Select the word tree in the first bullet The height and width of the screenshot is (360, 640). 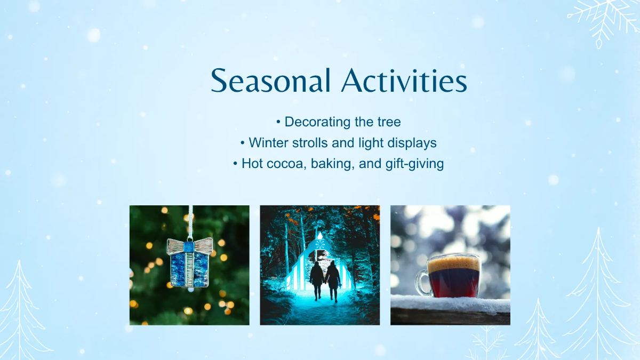388,122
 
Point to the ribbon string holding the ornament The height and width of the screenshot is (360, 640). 190,221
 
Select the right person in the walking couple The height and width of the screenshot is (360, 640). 333,279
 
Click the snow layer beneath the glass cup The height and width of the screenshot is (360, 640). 450,303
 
